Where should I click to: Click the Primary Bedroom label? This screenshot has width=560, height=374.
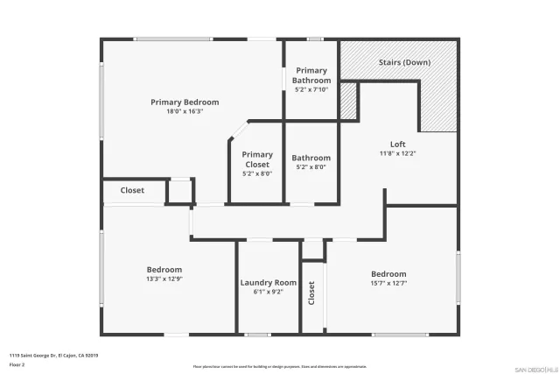185,102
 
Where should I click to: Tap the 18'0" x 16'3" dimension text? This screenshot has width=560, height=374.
185,112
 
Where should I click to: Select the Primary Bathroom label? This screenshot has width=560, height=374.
311,75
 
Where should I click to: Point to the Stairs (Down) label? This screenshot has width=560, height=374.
403,63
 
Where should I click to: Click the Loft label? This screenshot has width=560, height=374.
397,145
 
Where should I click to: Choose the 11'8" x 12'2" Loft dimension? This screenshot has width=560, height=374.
397,154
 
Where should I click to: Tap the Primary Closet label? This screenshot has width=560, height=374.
257,159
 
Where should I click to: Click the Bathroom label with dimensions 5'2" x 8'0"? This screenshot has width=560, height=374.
311,159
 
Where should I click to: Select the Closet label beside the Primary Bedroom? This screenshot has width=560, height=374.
132,190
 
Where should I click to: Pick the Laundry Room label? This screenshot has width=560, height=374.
269,283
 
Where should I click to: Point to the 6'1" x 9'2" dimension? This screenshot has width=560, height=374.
269,293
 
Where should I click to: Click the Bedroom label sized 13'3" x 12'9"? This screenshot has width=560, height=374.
164,270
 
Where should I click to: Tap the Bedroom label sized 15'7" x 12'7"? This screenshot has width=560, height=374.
388,274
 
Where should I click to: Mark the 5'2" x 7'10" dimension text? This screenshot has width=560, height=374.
311,89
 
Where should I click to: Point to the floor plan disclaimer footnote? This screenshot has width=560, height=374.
280,367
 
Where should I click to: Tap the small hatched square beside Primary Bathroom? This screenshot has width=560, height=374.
348,102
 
